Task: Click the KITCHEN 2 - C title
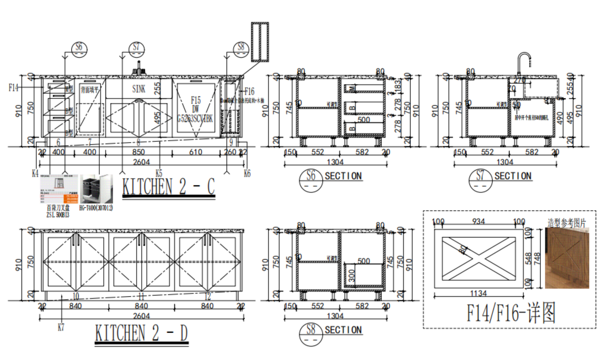[169, 187]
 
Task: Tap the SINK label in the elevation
[139, 89]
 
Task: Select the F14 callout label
[13, 88]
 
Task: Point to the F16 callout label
[249, 92]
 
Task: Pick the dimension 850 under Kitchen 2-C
[138, 152]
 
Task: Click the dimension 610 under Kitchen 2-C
[195, 152]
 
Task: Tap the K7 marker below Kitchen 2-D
[61, 327]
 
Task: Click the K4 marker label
[35, 173]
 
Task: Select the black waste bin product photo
[96, 189]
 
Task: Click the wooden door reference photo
[567, 258]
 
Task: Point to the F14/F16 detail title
[511, 313]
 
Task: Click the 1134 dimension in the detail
[478, 293]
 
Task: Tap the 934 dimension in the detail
[478, 221]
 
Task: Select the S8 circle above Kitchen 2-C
[241, 49]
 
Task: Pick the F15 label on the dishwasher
[196, 100]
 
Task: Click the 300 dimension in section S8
[351, 276]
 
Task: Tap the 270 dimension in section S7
[519, 80]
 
